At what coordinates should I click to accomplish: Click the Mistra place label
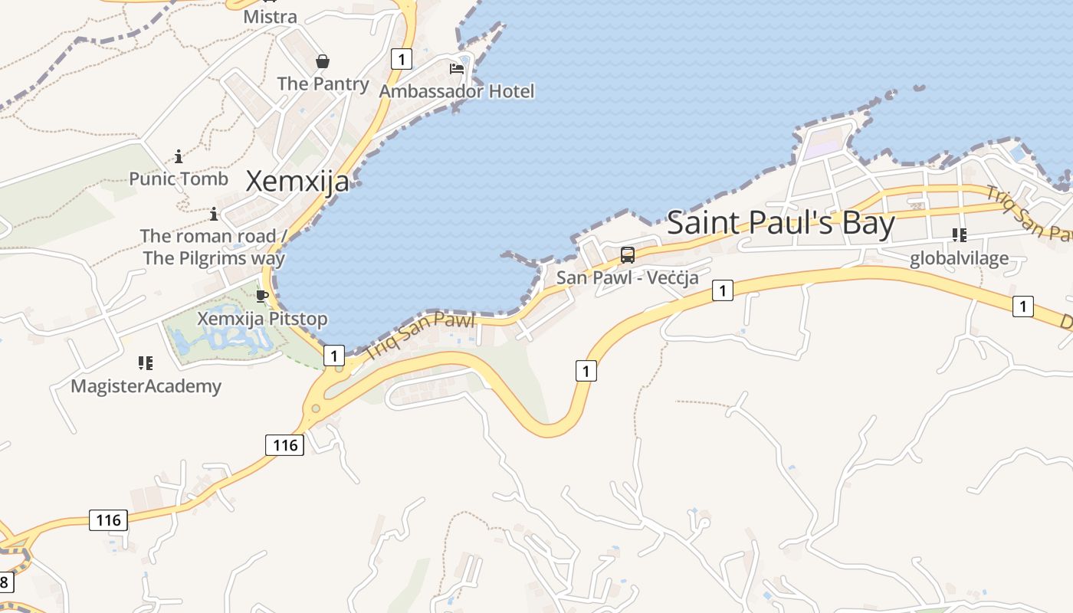pos(270,16)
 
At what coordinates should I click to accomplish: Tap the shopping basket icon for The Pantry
pos(323,61)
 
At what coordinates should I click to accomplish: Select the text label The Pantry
pos(323,84)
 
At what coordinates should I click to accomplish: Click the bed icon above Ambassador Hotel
pos(457,69)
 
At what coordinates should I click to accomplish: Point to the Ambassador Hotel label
pos(457,91)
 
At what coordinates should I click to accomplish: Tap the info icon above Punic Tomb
pos(179,157)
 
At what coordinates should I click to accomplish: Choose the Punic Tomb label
pos(179,179)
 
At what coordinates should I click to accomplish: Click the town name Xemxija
pos(297,182)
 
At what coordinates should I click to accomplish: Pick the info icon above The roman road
pos(214,214)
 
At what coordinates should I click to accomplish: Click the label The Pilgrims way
pos(214,257)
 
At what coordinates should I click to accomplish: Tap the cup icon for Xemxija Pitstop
pos(262,296)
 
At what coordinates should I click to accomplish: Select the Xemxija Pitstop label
pos(262,318)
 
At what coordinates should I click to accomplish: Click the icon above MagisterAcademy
pos(146,362)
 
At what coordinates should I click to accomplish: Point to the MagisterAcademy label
pos(146,385)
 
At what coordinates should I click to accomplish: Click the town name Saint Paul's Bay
pos(780,223)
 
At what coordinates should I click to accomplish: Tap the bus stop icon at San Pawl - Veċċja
pos(628,255)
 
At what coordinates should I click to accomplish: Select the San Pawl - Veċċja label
pos(628,277)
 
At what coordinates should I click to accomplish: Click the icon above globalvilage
pos(959,234)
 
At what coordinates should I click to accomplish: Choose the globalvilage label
pos(959,259)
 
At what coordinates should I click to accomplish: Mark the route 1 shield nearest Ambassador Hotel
pos(401,58)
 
